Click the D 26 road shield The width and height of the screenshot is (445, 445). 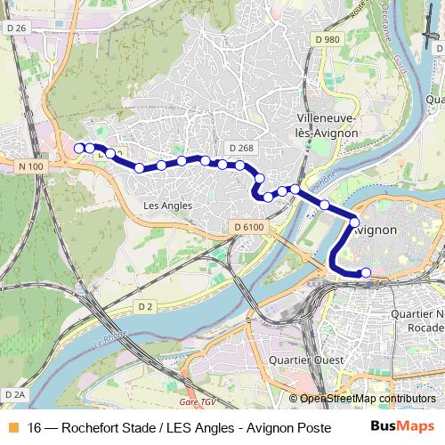[x=16, y=28]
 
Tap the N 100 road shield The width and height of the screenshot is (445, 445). [x=29, y=166]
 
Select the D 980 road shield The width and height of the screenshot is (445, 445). [x=327, y=39]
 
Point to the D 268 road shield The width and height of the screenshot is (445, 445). [x=241, y=148]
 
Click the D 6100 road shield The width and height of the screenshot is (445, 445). [x=250, y=227]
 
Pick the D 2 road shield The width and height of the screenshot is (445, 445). [x=146, y=306]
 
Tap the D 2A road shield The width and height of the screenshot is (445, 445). [x=14, y=393]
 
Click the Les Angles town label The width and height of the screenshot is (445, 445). [x=167, y=205]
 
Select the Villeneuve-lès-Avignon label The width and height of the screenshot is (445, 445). [x=327, y=125]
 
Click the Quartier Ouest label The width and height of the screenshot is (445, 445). [x=294, y=360]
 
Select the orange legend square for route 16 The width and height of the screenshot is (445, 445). [x=12, y=427]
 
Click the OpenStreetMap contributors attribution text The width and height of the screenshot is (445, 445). [x=368, y=399]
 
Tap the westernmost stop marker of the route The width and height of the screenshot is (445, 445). [x=79, y=148]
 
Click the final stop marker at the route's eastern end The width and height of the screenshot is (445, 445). [x=366, y=272]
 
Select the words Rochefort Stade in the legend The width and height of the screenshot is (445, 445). [x=94, y=427]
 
